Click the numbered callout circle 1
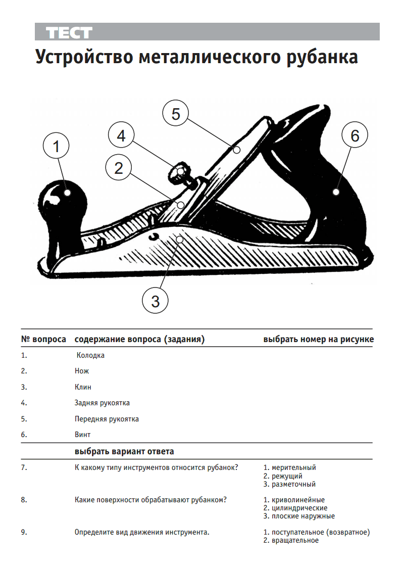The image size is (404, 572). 56,146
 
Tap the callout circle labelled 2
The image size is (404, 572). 119,167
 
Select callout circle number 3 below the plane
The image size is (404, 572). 156,301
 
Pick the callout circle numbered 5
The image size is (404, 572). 176,113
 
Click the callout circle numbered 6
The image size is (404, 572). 355,135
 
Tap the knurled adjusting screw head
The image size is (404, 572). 179,171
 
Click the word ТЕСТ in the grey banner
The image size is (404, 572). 69,33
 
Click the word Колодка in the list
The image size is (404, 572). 90,355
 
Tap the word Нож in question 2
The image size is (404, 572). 82,371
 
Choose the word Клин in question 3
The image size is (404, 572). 83,387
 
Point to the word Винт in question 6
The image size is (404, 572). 82,435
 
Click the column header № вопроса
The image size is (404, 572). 43,339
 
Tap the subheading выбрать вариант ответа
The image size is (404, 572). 124,452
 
